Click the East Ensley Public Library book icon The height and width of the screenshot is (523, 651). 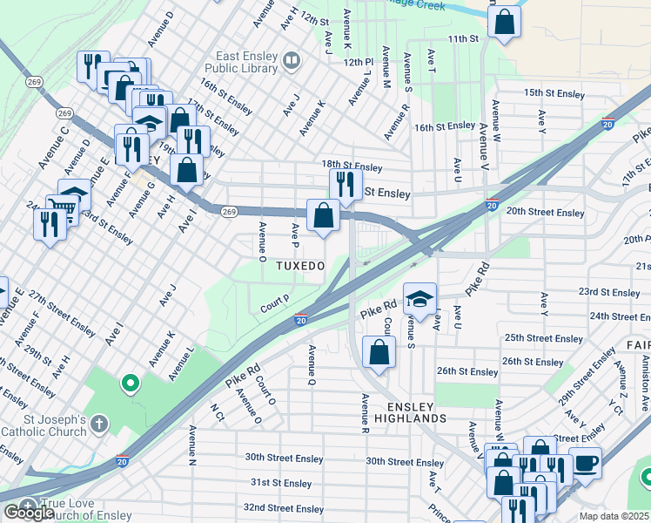(292, 61)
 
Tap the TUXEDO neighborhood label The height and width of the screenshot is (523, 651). (300, 265)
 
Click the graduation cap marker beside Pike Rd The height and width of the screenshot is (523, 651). (419, 299)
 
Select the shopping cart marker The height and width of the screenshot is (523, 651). (61, 207)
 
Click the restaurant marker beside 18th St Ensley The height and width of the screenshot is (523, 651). (345, 184)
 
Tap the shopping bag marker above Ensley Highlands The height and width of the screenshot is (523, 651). (379, 353)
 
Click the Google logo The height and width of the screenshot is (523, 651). (28, 513)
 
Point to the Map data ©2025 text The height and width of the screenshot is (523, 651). (613, 516)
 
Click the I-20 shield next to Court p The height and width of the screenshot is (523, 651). (300, 321)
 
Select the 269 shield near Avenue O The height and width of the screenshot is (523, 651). (229, 211)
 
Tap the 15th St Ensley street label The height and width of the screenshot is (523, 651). (554, 92)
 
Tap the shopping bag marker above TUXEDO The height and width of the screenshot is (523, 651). (323, 214)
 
